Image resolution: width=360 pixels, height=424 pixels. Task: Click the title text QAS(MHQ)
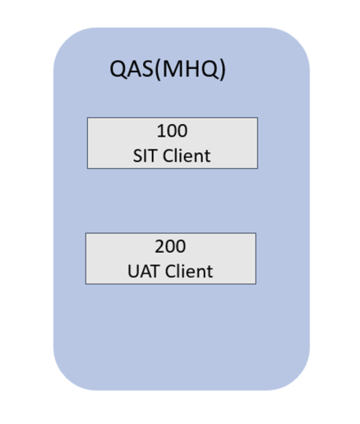point(167,70)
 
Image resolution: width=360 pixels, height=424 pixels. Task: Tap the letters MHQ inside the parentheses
point(193,70)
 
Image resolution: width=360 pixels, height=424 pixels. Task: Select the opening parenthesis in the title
point(160,70)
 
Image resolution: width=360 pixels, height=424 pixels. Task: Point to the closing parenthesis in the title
point(222,70)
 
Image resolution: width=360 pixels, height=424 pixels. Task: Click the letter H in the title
point(193,70)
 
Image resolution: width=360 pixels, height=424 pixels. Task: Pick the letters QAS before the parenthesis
point(132,70)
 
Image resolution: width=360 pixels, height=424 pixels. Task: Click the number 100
point(172,131)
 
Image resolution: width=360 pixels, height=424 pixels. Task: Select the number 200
point(171,247)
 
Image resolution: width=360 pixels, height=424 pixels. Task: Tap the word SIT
point(145,155)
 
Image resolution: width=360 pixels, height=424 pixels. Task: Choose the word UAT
point(144,272)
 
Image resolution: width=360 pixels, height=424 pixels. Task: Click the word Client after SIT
point(186,155)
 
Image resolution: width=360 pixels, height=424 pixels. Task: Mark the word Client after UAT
point(187,272)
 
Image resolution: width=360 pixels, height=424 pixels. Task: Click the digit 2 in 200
point(159,247)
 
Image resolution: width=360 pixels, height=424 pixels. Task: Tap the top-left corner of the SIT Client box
point(87,118)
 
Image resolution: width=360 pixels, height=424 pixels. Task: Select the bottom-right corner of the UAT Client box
point(255,283)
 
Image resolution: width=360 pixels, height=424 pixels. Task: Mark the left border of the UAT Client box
point(86,258)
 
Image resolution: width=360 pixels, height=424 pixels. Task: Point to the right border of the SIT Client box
point(257,143)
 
